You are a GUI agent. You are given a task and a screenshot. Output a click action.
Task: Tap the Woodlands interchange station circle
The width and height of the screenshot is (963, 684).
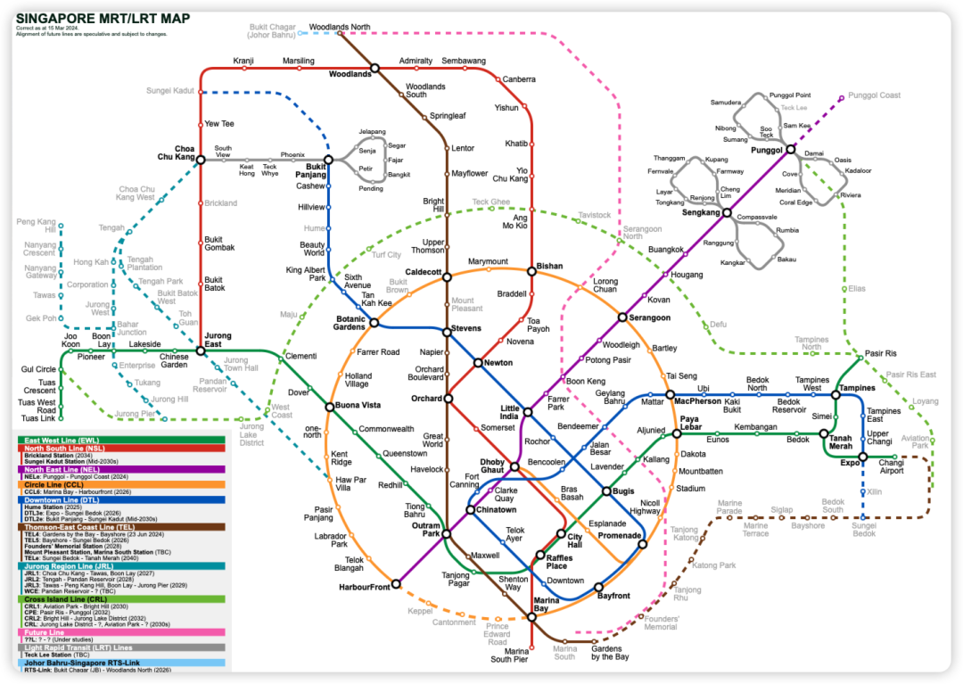coord(375,68)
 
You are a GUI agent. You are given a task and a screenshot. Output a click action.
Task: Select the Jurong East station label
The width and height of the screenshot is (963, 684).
coord(218,341)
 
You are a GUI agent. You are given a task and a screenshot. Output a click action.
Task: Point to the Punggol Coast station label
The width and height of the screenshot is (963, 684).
coord(874,95)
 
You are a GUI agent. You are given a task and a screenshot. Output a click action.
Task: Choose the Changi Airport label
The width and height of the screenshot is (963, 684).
coord(891,466)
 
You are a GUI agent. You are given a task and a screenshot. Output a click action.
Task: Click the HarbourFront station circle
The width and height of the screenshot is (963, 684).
coord(396,585)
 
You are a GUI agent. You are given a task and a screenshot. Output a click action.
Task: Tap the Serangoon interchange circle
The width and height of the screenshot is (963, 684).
coord(622,317)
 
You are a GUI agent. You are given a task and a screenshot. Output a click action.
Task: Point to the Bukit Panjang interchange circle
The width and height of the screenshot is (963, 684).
coord(328,160)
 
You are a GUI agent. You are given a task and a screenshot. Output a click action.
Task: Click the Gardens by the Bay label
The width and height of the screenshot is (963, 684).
coord(610,653)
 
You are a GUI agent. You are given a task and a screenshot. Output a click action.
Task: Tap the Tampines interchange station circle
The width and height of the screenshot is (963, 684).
coord(836,394)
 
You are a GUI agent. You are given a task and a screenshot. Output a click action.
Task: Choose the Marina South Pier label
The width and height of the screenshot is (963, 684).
coord(509,655)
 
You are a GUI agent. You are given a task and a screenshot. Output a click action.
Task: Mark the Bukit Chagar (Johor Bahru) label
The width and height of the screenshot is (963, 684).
coord(271,32)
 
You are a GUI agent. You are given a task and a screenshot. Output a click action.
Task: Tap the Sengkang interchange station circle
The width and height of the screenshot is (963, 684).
coord(727,213)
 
